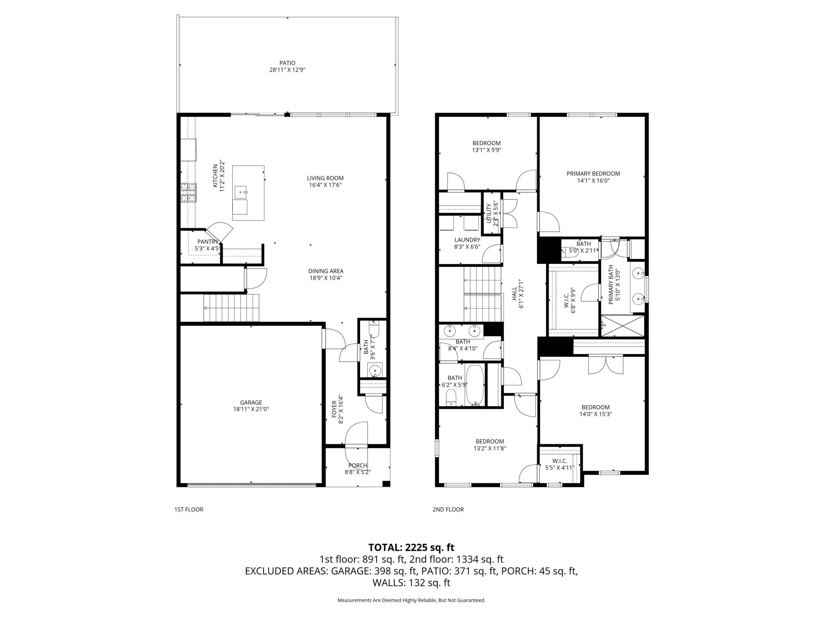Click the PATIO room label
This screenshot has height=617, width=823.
[x=287, y=63]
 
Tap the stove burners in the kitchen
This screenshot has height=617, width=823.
[x=189, y=192]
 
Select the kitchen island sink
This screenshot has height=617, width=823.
[x=242, y=192]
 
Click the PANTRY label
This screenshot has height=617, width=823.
[x=207, y=241]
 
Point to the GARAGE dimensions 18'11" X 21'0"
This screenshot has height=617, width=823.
[x=251, y=409]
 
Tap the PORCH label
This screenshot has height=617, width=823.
[x=357, y=466]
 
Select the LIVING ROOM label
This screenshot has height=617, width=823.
[x=325, y=178]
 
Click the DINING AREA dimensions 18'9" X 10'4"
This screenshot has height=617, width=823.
[x=326, y=278]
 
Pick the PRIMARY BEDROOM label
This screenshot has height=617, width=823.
[x=593, y=174]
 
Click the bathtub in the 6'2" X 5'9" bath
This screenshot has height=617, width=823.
[x=475, y=385]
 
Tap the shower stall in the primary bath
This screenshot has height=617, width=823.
[x=622, y=326]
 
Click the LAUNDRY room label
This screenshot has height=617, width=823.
[x=467, y=240]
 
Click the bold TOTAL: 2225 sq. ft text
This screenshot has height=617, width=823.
[x=411, y=548]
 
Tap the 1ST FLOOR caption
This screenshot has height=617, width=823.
[x=188, y=509]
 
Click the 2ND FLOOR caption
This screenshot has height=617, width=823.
[x=448, y=509]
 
